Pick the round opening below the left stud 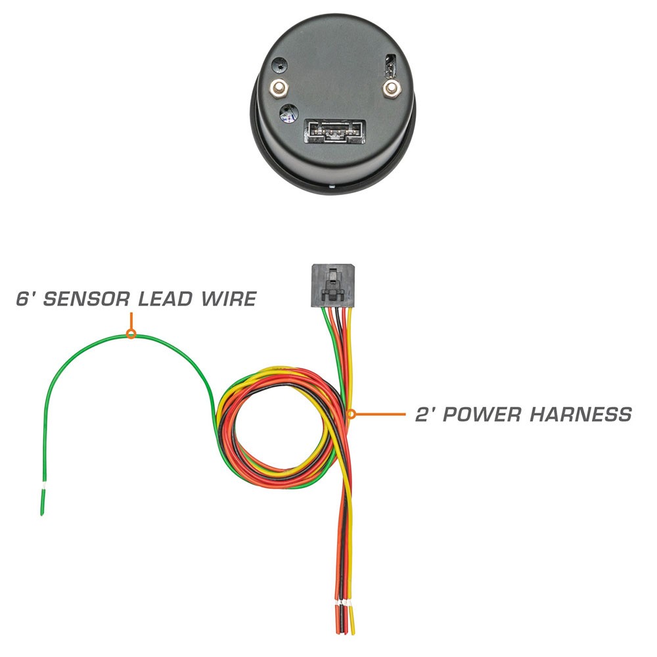286,113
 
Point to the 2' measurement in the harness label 423,415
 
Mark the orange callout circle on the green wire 131,334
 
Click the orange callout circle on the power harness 351,414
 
